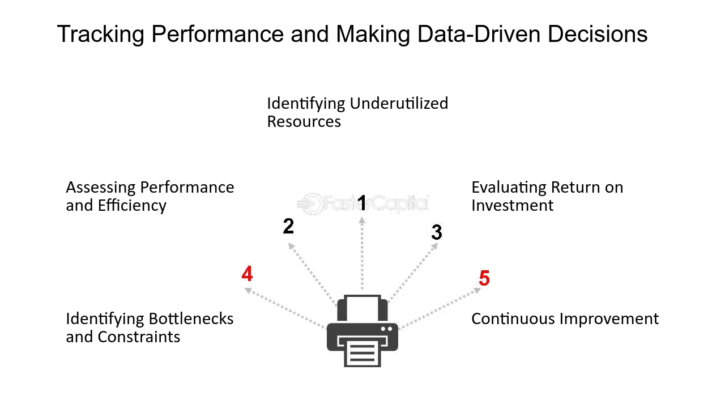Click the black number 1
(362, 203)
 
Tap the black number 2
(288, 226)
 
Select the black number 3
(437, 232)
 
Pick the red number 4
(247, 274)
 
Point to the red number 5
(484, 278)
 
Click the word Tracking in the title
(101, 35)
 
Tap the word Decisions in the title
(598, 33)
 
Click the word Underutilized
(399, 104)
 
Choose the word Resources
(304, 122)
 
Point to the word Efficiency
(132, 206)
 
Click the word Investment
(513, 205)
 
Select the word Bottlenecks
(191, 318)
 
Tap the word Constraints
(139, 337)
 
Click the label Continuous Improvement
(565, 318)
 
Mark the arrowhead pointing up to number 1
(362, 220)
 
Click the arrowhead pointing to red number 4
(248, 291)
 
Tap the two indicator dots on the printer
(386, 329)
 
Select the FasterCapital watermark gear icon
(311, 203)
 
